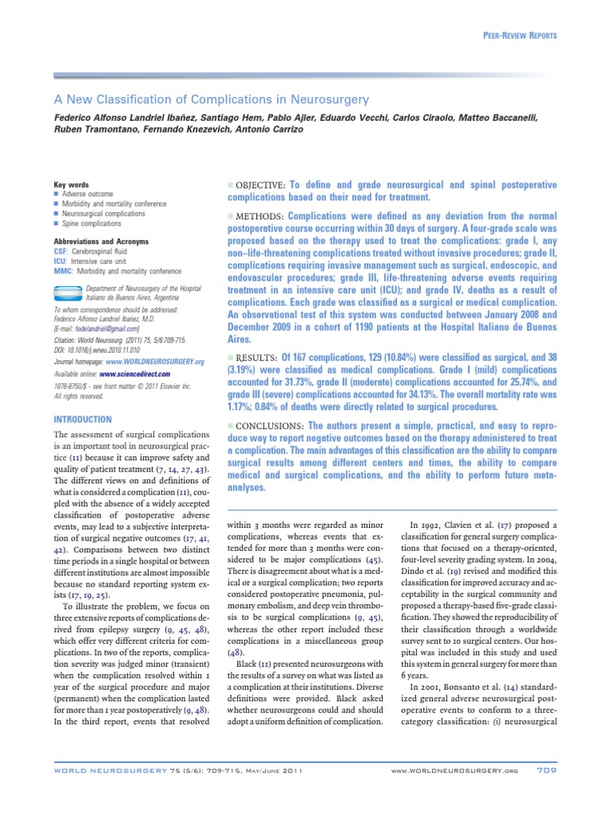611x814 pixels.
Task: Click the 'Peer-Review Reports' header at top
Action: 520,37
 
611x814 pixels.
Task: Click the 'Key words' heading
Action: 71,184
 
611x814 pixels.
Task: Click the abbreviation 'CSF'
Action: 60,251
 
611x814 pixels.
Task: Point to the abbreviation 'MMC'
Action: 62,272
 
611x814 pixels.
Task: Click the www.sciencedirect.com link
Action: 135,373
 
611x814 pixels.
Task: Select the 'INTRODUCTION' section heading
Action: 83,419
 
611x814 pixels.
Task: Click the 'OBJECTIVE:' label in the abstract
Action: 257,184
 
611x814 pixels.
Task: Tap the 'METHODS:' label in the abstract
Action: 255,216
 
